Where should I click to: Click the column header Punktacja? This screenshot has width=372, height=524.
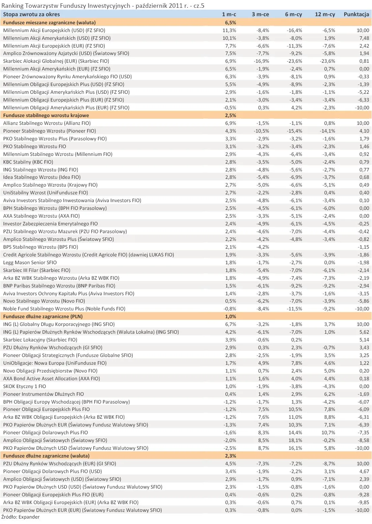point(356,14)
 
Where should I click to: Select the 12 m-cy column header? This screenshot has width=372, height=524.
point(325,14)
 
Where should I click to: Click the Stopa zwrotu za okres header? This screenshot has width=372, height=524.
point(31,14)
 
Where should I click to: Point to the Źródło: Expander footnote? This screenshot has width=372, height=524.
point(21,517)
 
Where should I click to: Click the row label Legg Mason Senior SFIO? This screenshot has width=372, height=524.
point(30,263)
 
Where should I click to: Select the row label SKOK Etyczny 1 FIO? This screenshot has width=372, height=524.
point(25,386)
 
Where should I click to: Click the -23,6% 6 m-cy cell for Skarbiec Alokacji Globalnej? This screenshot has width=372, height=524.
point(294,61)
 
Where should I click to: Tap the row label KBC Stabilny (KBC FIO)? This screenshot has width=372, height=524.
point(28,162)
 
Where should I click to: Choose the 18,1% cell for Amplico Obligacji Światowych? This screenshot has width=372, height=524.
point(296,440)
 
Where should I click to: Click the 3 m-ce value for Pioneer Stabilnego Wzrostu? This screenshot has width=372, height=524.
point(261,131)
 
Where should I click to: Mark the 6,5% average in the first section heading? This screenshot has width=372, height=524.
point(230,23)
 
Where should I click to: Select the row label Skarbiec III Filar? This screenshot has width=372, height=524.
point(37,270)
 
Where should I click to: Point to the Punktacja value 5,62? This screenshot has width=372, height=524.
point(364,332)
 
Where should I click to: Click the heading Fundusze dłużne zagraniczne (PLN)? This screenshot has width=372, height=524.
point(43,316)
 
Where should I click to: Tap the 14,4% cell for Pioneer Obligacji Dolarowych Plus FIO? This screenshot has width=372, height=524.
point(296,433)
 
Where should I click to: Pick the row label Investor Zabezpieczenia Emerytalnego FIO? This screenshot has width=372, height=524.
point(51,224)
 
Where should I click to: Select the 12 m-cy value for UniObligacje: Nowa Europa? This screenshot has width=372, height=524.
point(330,363)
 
